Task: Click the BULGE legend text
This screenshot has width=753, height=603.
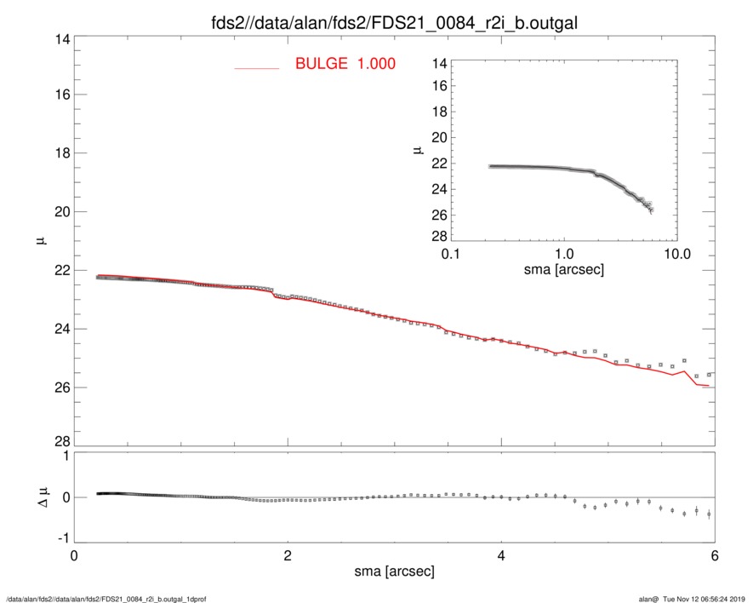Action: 345,64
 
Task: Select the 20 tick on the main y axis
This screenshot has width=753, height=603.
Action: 59,212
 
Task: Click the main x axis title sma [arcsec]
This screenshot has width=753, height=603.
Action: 395,571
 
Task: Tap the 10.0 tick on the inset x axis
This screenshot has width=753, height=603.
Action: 676,255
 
